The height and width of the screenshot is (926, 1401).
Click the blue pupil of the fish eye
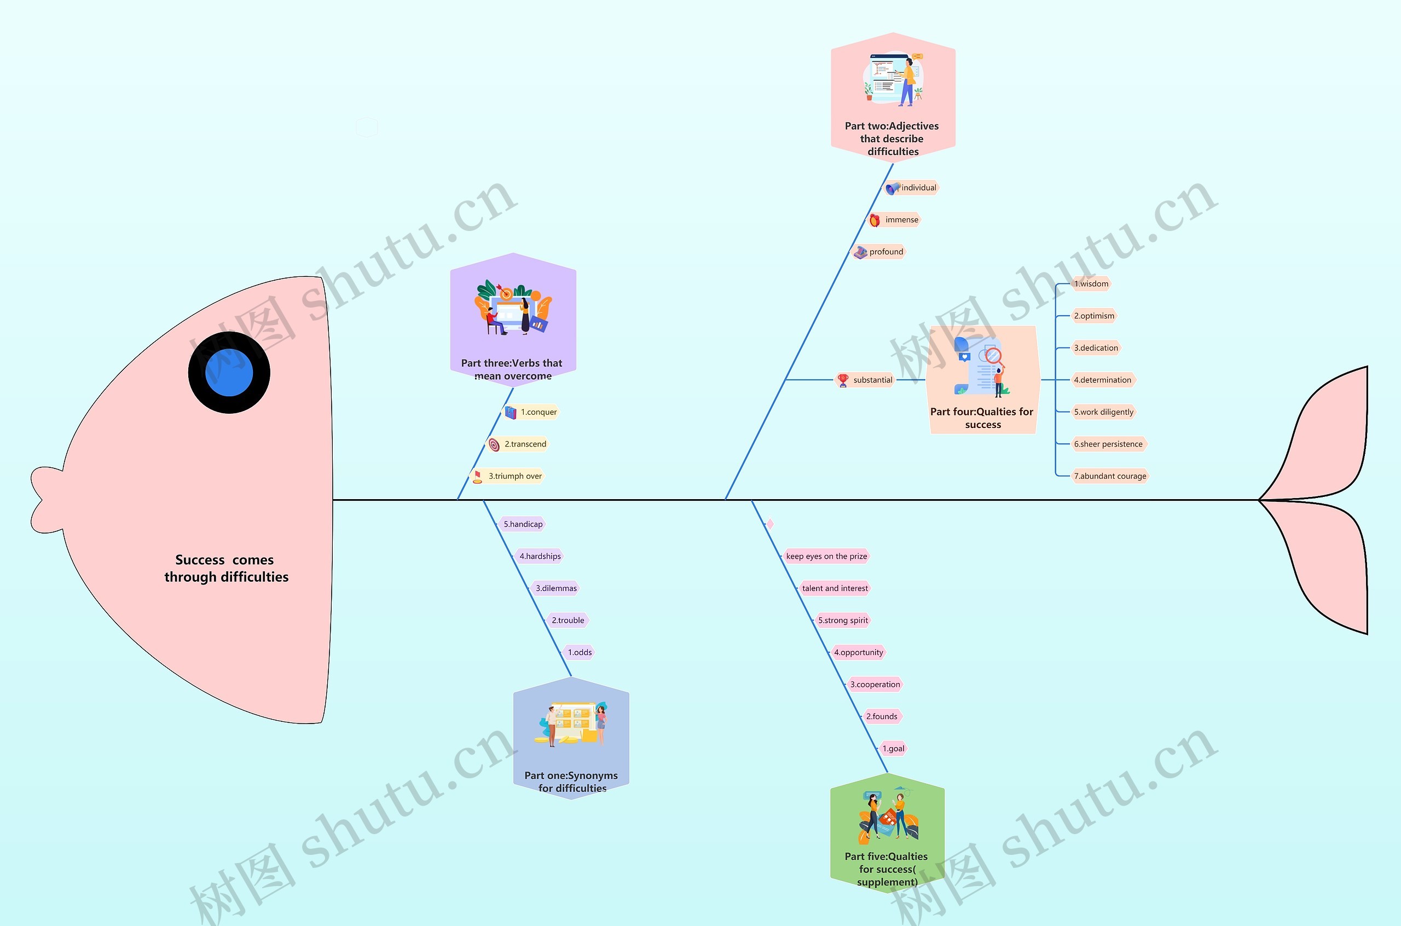pos(229,373)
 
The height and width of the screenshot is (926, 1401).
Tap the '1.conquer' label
pos(538,412)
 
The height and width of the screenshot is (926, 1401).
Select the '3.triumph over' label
pos(514,476)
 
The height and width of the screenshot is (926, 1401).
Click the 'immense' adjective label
pos(901,219)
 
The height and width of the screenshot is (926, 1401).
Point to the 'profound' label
pos(885,252)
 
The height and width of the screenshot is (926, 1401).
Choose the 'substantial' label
pos(872,380)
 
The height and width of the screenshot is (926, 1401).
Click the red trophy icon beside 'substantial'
pos(843,380)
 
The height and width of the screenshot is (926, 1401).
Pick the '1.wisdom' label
pos(1091,284)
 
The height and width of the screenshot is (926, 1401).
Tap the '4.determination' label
pos(1102,380)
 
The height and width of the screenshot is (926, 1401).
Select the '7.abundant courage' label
pos(1109,476)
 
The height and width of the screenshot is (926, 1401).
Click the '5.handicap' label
pos(523,524)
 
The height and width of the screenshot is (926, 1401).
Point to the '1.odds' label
pos(579,652)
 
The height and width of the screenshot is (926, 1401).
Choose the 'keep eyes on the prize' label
pos(826,556)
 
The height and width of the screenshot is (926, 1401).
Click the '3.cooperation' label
pos(875,685)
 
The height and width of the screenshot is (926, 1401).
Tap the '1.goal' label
pos(893,749)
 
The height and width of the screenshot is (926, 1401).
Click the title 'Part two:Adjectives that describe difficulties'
pos(892,139)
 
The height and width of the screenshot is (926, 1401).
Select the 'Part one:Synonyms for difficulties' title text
pos(571,782)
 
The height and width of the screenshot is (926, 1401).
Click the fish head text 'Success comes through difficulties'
pos(226,568)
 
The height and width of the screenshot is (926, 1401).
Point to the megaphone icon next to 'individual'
pos(892,188)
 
